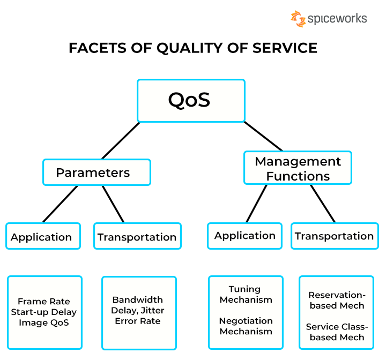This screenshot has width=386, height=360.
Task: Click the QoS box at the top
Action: (191, 100)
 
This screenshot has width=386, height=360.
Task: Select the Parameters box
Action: (96, 172)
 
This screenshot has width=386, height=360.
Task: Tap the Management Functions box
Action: (298, 168)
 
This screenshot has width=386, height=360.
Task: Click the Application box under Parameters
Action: (43, 236)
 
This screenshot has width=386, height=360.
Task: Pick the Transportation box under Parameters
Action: (137, 236)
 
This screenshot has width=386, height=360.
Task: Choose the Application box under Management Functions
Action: (245, 235)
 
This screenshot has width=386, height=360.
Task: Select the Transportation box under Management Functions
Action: (335, 236)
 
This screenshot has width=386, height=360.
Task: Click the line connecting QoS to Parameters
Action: (121, 140)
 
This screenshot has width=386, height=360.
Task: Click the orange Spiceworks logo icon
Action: (298, 19)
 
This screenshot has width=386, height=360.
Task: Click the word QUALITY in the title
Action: (186, 48)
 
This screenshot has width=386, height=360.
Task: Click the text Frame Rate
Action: (44, 302)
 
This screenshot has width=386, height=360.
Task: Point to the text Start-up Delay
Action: (44, 312)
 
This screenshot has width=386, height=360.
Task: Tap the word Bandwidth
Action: (138, 300)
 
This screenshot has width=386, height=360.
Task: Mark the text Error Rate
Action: (138, 321)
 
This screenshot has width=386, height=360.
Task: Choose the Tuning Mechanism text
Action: (246, 295)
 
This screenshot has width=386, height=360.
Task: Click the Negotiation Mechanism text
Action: (246, 326)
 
